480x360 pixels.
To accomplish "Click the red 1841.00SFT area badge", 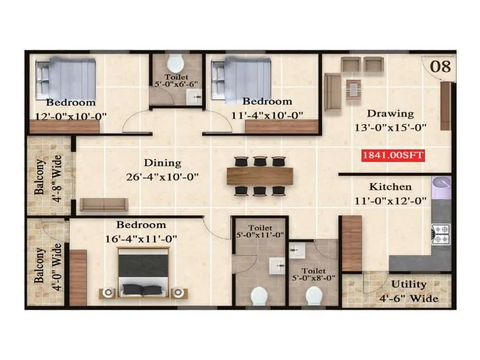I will (x=393, y=155).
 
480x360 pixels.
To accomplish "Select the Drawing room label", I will (x=391, y=113).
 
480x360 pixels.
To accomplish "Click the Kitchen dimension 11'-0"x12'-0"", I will (x=390, y=200).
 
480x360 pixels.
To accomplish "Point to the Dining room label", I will (x=162, y=163).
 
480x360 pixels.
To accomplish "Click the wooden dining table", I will (x=260, y=176).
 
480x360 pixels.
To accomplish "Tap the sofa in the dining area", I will (x=104, y=205).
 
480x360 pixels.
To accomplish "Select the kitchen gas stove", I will (x=440, y=234).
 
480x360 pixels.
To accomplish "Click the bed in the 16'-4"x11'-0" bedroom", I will (x=142, y=273).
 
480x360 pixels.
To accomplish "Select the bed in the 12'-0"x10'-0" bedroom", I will (x=65, y=78).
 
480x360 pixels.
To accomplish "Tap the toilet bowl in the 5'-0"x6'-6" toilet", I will (x=175, y=63).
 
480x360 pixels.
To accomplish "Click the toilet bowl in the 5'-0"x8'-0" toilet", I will (x=314, y=296).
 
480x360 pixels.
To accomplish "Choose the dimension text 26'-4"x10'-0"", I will (x=162, y=177).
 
